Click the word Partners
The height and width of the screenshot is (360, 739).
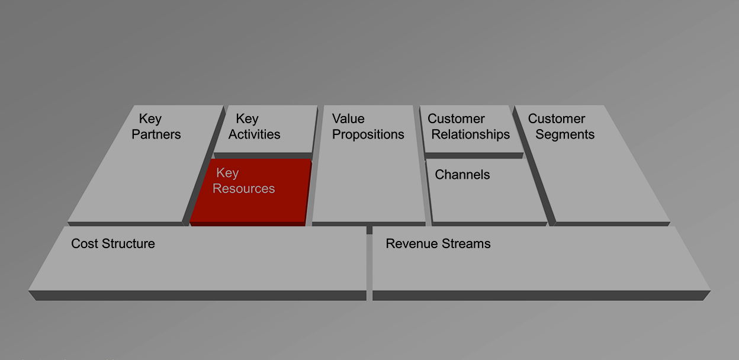(156, 134)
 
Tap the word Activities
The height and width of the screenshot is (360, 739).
(254, 134)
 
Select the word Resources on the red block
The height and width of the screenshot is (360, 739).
(243, 189)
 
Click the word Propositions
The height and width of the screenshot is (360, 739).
(368, 135)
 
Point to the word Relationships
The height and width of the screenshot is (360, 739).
(470, 135)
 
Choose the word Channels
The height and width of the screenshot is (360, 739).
(462, 175)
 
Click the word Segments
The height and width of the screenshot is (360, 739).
(565, 135)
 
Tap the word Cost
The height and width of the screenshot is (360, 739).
(85, 244)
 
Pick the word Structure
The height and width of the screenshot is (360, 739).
(128, 244)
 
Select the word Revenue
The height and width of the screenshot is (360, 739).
(412, 244)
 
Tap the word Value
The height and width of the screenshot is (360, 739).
(348, 119)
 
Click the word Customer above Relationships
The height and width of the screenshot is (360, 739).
(456, 119)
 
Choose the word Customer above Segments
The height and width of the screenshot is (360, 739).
(556, 119)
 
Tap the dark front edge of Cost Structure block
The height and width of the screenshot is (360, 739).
(197, 295)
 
